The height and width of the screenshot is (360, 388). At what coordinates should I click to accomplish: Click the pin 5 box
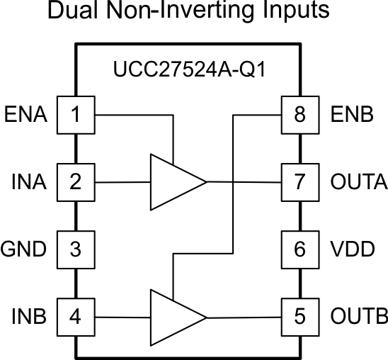pos(299,315)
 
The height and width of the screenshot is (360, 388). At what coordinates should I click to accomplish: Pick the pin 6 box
pos(299,249)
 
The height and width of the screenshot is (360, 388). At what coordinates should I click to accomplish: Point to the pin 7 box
pos(299,182)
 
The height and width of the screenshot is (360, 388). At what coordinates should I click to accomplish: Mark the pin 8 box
pos(299,114)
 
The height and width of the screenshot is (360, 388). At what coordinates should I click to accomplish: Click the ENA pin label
pos(26,114)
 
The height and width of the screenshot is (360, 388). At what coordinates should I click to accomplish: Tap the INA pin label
pos(29,182)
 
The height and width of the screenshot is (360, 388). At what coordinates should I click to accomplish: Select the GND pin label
pos(24,249)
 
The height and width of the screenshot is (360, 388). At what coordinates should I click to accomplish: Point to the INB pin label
pos(29,315)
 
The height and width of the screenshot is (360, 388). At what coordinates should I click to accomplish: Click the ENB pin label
pos(351,114)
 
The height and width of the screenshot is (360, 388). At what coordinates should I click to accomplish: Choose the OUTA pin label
pos(358,182)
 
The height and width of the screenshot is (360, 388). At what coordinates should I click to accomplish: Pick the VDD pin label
pos(352,249)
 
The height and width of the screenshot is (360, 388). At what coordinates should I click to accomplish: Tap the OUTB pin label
pos(358,315)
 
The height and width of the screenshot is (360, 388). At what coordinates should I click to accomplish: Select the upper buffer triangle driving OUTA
pos(173,182)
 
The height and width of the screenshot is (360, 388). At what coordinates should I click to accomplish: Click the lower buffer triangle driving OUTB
pos(173,315)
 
